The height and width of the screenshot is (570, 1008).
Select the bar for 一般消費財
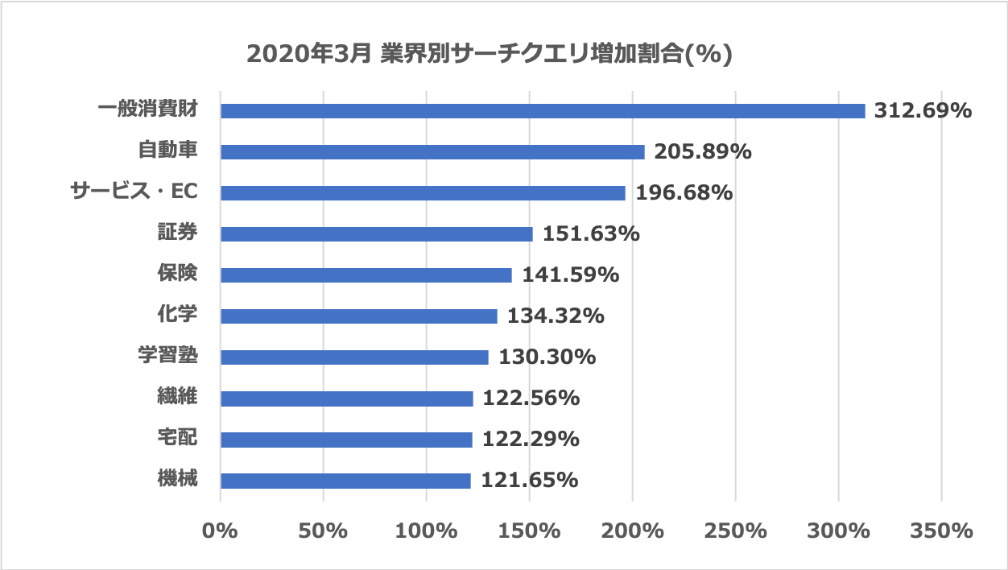543,111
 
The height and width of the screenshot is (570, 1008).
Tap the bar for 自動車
432,152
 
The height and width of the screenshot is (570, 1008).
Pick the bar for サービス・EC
423,193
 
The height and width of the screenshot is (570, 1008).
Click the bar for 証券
376,234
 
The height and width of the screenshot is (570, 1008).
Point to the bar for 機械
345,481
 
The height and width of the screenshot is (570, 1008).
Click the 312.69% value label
923,110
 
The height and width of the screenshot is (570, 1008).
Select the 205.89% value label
702,151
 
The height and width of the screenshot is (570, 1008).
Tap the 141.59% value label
570,275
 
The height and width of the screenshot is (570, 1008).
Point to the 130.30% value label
547,357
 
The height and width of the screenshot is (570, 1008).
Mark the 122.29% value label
530,440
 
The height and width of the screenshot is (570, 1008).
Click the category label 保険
177,274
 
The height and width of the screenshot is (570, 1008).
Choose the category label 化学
177,315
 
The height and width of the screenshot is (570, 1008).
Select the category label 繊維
177,397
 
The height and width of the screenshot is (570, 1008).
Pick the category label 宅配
177,438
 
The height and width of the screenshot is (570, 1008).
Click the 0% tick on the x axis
220,531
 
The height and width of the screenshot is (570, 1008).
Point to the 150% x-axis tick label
529,531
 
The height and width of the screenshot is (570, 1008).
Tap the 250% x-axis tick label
735,531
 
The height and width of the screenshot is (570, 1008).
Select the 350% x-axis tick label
941,531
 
